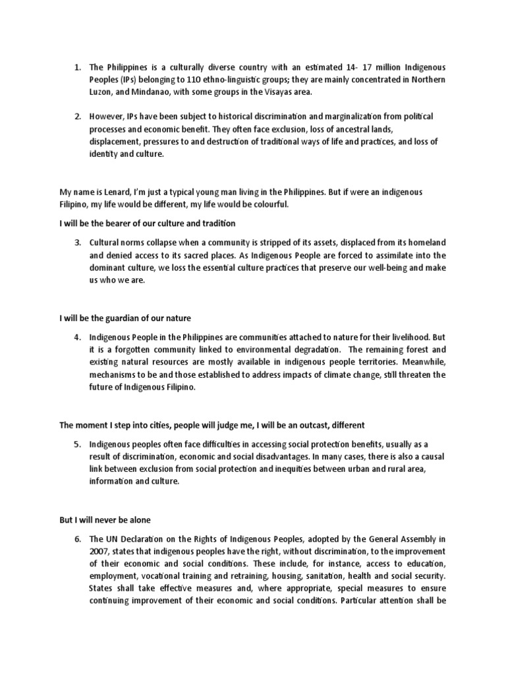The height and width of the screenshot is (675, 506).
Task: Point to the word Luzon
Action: (101, 92)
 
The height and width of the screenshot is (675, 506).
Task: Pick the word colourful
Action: (267, 204)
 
